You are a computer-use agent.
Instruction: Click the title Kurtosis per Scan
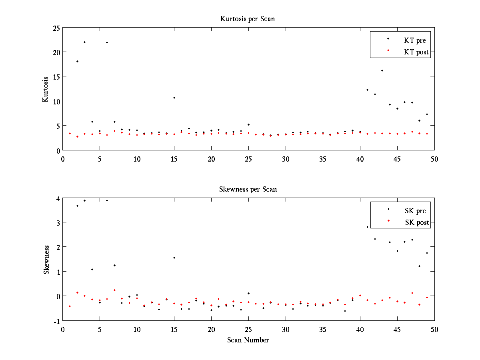tap(248, 19)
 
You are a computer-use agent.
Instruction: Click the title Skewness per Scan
tap(248, 189)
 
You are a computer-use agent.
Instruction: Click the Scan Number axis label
tap(248, 340)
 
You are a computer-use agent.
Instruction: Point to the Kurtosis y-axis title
tap(46, 89)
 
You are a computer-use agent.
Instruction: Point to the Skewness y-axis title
tap(46, 260)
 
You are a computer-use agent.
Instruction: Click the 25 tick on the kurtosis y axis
tap(56, 28)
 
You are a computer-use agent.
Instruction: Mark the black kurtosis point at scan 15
tap(174, 98)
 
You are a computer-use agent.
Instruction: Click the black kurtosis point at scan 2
tap(77, 61)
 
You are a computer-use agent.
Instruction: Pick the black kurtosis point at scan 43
tap(382, 70)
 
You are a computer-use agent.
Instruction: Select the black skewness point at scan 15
tap(174, 258)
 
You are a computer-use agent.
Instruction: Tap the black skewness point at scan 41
tap(367, 227)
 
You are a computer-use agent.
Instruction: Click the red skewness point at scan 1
tap(70, 306)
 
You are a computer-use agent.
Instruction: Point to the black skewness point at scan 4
tap(92, 269)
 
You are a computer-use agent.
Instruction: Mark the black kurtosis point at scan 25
tap(248, 124)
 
